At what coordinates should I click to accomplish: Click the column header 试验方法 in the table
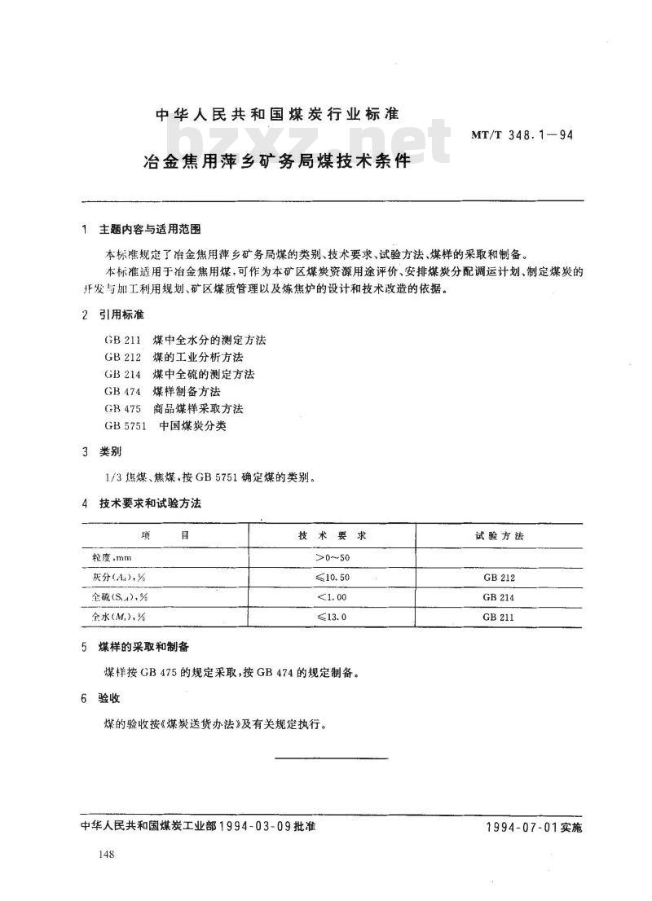[499, 536]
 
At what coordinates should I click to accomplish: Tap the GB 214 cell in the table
[499, 598]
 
